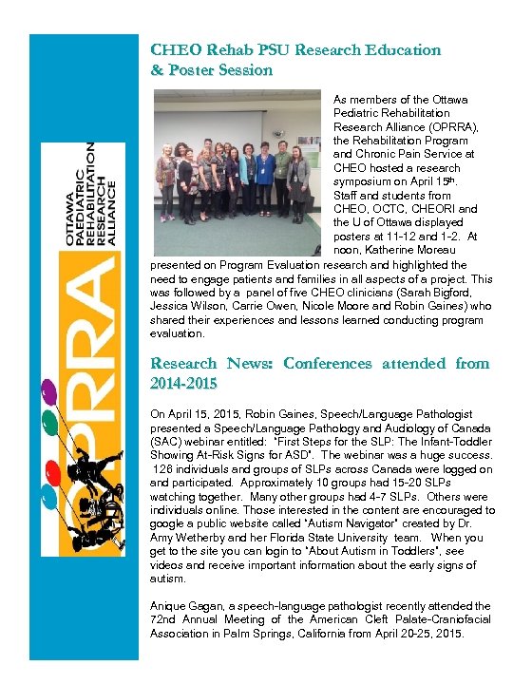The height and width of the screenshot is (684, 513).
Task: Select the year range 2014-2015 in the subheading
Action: (x=183, y=383)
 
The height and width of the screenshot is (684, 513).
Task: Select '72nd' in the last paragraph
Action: (x=164, y=619)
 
